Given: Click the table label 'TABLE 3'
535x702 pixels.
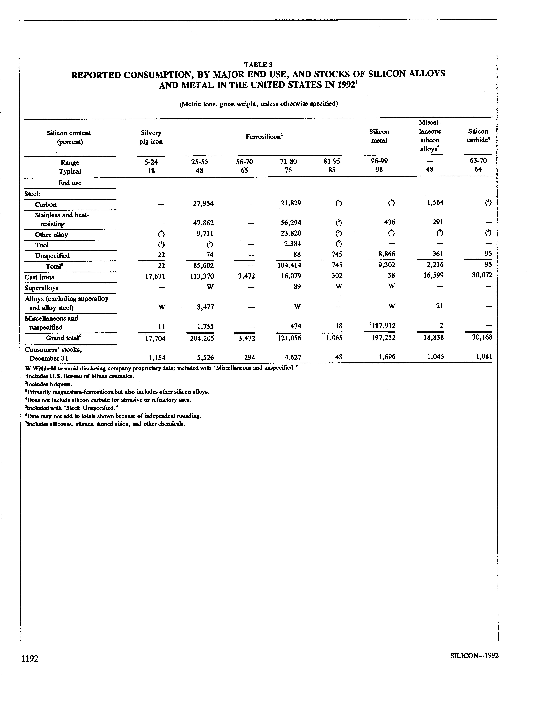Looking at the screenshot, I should point(258,65).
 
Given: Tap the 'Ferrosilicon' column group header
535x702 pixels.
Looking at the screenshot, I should point(264,137).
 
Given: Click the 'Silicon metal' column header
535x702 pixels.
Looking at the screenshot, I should point(379,136).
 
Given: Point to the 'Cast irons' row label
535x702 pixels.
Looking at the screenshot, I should point(39,277).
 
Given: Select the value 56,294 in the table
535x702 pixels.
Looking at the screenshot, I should point(291,223).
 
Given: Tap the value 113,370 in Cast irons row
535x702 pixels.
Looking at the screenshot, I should point(201,276).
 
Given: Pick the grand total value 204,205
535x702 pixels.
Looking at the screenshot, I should point(201,338).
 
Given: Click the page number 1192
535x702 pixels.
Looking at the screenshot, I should point(30,658).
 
